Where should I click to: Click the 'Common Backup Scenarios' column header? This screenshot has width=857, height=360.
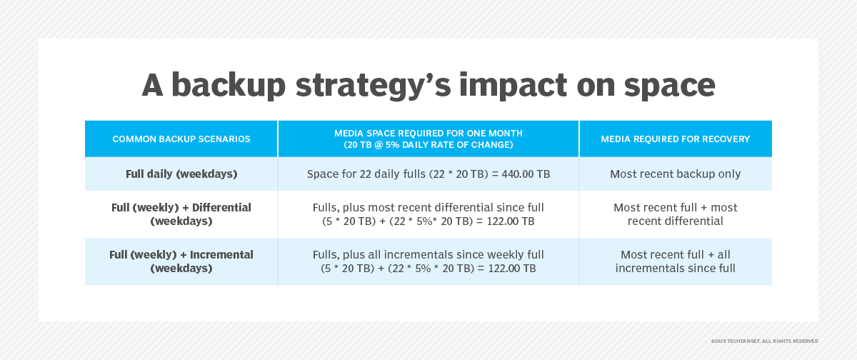click(181, 139)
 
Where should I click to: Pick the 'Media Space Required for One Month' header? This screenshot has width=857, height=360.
click(428, 133)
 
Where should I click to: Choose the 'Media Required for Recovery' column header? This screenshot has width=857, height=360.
click(676, 139)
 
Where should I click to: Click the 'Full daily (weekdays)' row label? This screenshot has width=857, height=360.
click(181, 174)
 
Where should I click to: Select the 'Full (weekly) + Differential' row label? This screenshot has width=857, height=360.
click(181, 214)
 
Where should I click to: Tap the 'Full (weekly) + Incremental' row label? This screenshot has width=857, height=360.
click(181, 261)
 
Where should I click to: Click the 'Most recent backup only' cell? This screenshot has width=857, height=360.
click(676, 174)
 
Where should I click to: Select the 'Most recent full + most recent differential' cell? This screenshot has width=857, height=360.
click(676, 214)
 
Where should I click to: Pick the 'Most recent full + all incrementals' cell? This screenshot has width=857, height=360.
click(676, 261)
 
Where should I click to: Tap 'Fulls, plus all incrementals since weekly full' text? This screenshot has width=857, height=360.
click(428, 254)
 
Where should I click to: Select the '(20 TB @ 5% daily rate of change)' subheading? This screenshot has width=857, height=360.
click(428, 144)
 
